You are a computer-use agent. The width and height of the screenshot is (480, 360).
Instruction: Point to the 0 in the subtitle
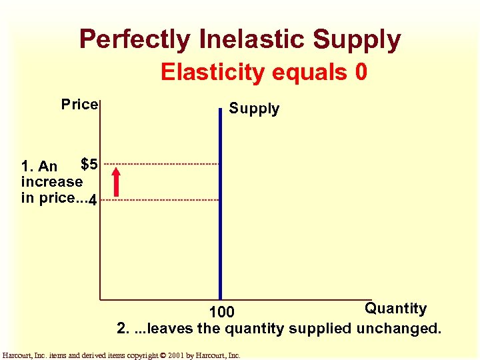(361, 72)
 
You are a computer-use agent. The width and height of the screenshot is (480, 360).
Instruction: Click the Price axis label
(79, 104)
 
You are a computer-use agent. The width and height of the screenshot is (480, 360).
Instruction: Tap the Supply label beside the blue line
(254, 109)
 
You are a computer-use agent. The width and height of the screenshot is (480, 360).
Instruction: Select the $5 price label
(89, 163)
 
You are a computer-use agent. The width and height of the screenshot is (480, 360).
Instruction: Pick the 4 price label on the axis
(93, 200)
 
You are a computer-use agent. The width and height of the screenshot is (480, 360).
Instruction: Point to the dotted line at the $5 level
(160, 164)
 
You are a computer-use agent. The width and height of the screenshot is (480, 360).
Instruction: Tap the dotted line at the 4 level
(160, 200)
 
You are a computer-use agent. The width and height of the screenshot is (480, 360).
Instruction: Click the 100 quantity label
(221, 312)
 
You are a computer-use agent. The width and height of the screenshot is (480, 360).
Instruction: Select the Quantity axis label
(395, 308)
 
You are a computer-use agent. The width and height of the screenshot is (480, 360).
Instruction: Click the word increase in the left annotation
(52, 181)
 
